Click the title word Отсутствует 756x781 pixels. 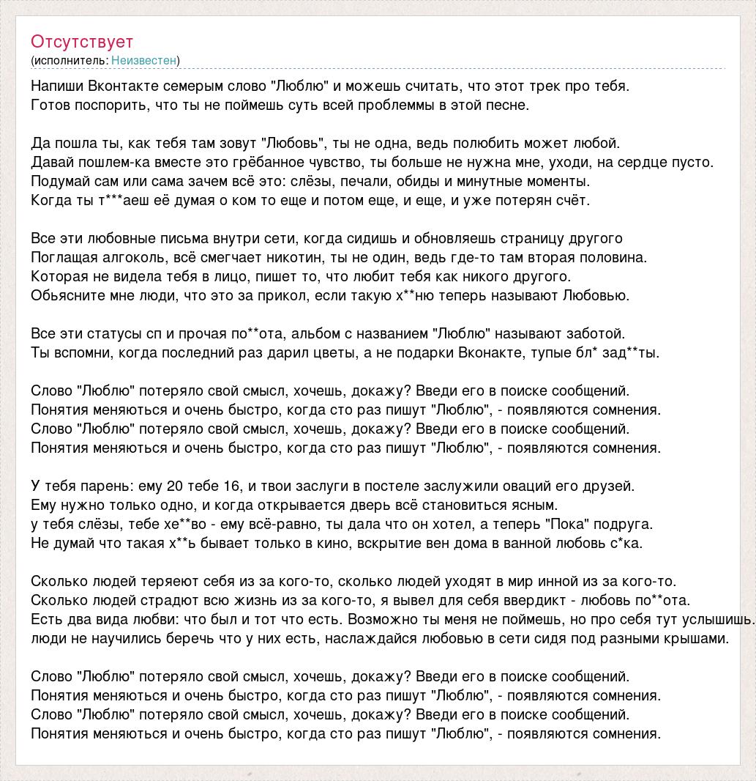pos(82,42)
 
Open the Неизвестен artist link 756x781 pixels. pos(144,60)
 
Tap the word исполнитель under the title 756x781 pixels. pos(70,60)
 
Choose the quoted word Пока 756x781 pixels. pos(567,524)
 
